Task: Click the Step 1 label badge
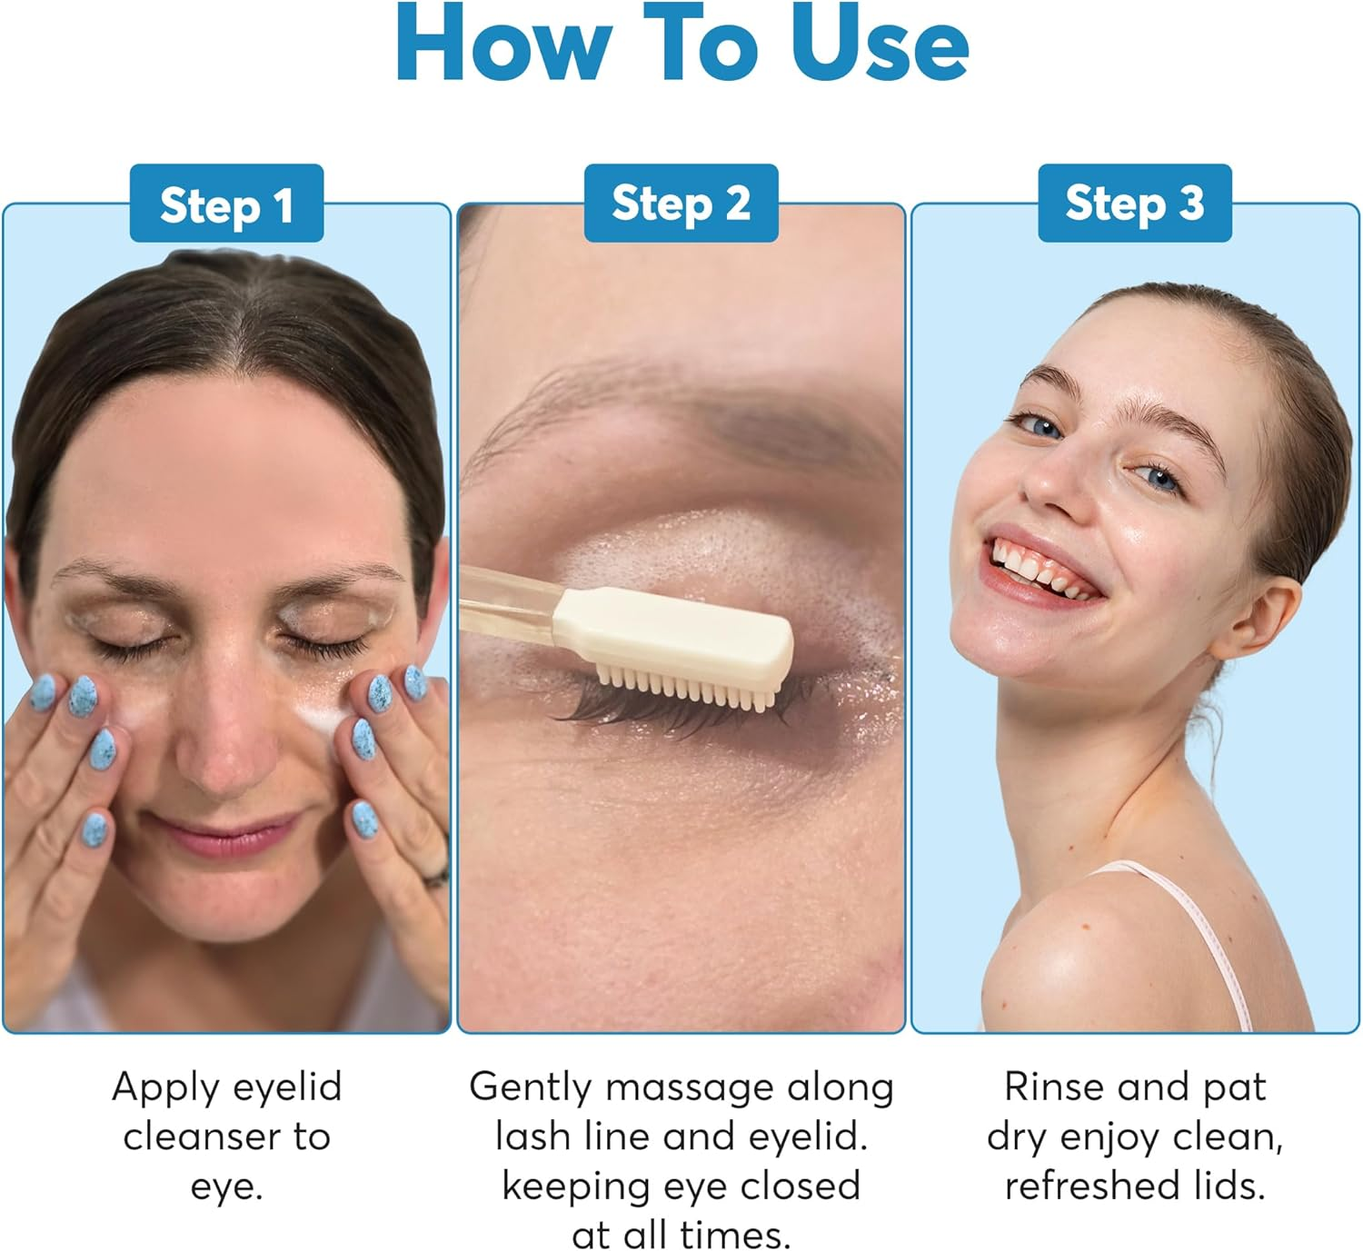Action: click(x=226, y=204)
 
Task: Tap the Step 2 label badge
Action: click(x=681, y=204)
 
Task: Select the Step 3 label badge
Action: click(x=1135, y=204)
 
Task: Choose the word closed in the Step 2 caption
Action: click(x=800, y=1186)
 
